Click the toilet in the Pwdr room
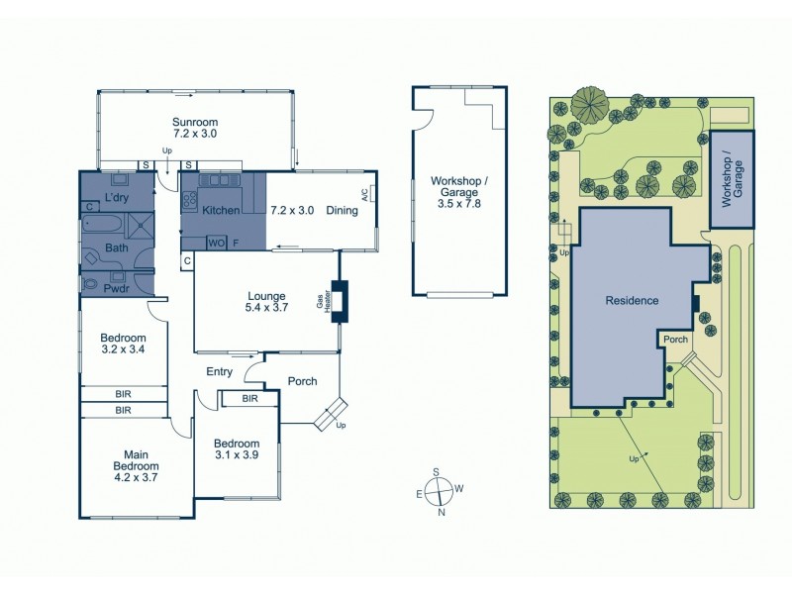click(93, 283)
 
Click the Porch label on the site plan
click(675, 340)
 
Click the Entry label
click(219, 372)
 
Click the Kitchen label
click(220, 211)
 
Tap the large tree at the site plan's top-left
click(589, 102)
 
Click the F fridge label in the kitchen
click(237, 243)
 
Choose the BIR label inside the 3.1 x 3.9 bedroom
click(249, 399)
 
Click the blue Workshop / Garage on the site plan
click(732, 179)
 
